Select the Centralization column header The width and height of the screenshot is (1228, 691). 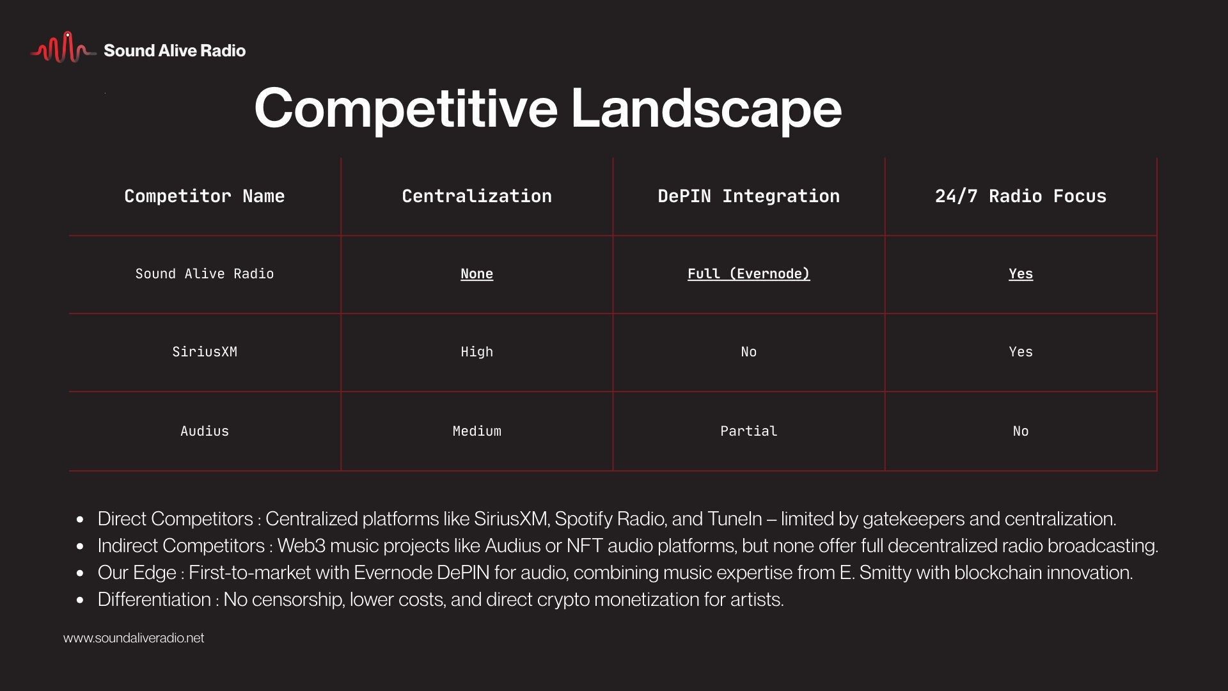point(476,196)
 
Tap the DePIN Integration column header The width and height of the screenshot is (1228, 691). point(748,196)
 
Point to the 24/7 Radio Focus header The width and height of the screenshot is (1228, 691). point(1020,196)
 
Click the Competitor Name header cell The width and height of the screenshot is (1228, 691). point(204,196)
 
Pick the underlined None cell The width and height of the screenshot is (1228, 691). point(476,274)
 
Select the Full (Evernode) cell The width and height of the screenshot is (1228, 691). point(748,274)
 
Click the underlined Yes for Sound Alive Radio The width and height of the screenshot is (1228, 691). point(1020,274)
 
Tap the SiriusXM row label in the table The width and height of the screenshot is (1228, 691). point(205,352)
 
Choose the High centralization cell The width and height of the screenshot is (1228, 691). point(476,352)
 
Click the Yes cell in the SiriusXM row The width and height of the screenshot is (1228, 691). point(1020,352)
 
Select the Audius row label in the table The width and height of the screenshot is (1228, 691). point(205,431)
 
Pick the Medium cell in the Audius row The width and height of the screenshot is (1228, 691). point(476,431)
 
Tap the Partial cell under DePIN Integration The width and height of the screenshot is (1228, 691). point(748,431)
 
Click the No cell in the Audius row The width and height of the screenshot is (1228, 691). point(1020,431)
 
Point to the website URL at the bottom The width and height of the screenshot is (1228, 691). point(134,638)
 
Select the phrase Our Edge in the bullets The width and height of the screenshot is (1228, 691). point(137,573)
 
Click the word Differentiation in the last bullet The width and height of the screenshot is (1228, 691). point(154,600)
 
